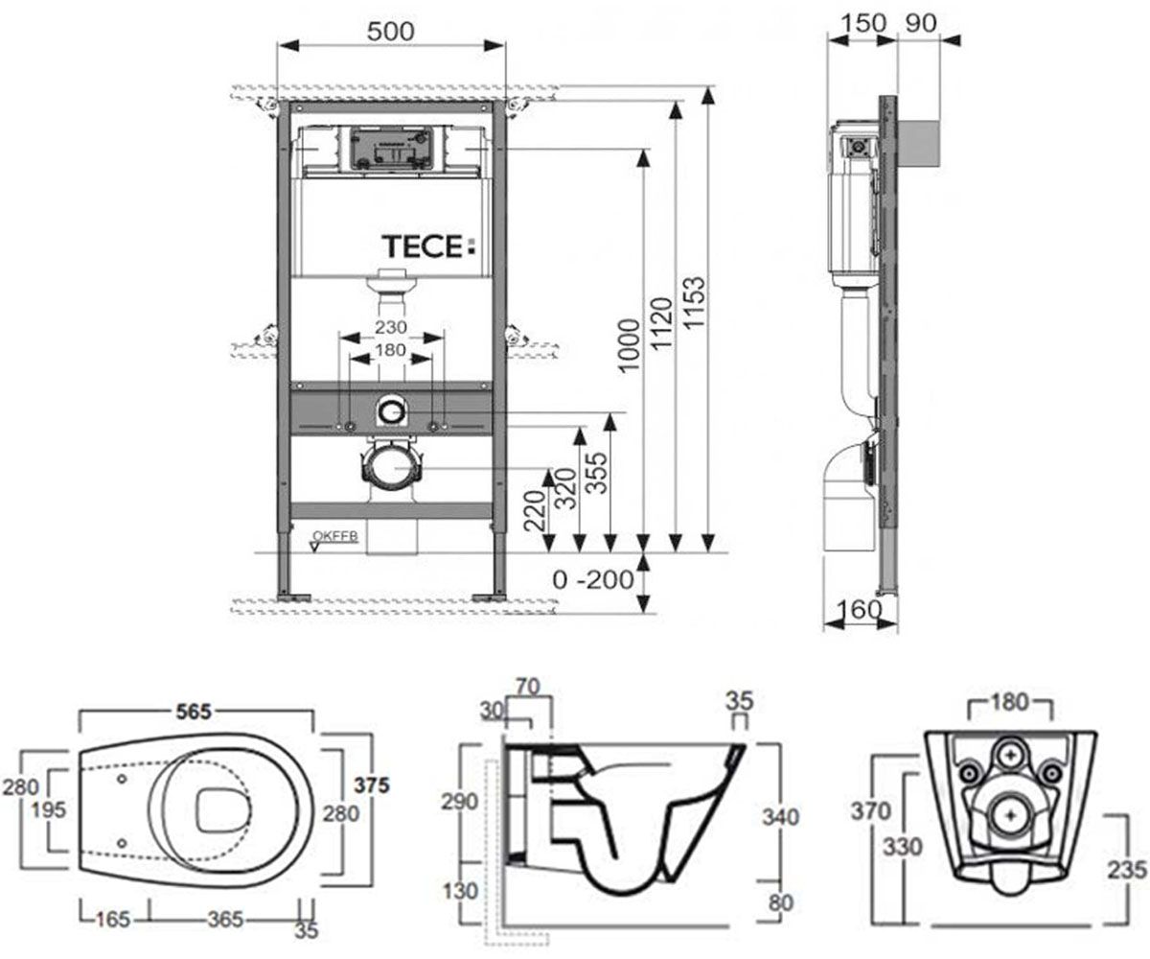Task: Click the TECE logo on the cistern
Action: pos(428,246)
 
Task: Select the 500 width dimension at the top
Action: pos(390,32)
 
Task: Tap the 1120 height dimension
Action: pos(662,323)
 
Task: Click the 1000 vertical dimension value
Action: pos(630,345)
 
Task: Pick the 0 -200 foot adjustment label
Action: pos(592,580)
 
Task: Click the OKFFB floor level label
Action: pos(334,536)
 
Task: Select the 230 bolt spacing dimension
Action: pos(390,327)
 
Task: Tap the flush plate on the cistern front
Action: pos(391,149)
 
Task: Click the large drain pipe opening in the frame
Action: pos(392,467)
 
